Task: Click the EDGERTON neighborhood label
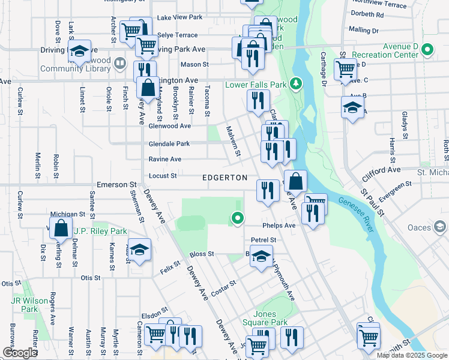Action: [x=225, y=178]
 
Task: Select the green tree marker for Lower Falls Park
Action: [x=295, y=83]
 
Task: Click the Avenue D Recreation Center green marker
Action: [x=427, y=49]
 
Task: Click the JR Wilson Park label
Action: [x=25, y=305]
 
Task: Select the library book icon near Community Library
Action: [x=119, y=63]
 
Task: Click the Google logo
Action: [x=20, y=353]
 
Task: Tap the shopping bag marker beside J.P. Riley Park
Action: [x=61, y=228]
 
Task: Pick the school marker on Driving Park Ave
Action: [x=79, y=52]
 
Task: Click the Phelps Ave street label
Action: [x=279, y=226]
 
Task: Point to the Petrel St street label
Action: [x=263, y=240]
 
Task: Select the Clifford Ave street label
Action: [x=381, y=174]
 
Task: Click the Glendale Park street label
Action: [x=169, y=144]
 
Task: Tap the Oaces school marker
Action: [x=441, y=227]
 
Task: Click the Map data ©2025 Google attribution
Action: [x=412, y=355]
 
